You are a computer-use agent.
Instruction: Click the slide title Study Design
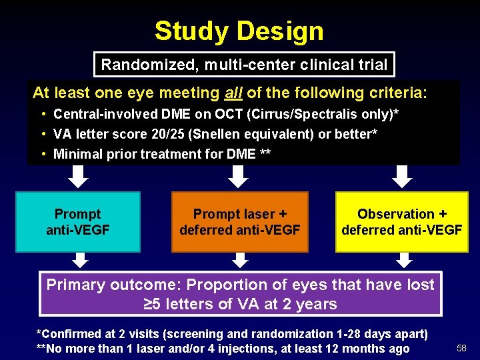click(239, 31)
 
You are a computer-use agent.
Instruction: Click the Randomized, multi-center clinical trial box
click(244, 65)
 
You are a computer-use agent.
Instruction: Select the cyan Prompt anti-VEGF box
click(78, 222)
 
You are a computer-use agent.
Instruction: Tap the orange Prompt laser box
click(240, 222)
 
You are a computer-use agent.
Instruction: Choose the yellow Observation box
click(402, 222)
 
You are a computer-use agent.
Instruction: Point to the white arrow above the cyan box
click(79, 177)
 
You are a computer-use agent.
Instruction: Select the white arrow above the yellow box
click(401, 177)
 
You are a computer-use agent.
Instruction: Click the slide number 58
click(461, 348)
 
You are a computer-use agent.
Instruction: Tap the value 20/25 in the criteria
click(169, 134)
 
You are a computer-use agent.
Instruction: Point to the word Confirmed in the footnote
click(69, 334)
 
